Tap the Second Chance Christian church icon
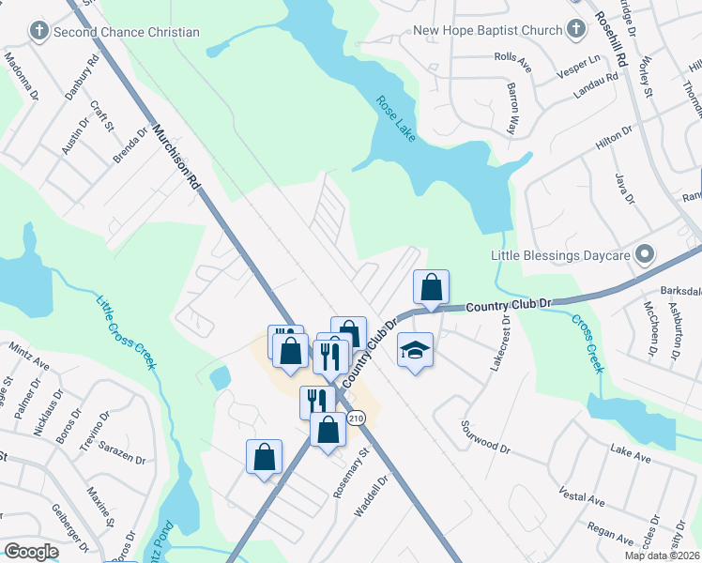coord(38,32)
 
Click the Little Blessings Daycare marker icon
coord(645,254)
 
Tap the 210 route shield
coord(355,418)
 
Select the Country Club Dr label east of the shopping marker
coord(506,306)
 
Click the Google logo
coord(31,552)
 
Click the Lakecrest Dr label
coord(498,342)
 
